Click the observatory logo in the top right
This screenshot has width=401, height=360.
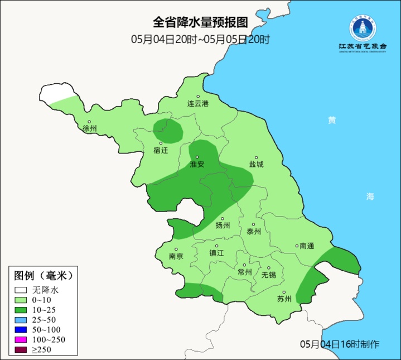coord(363,31)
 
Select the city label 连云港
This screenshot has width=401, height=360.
coord(197,104)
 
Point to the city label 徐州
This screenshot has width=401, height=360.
coord(89,128)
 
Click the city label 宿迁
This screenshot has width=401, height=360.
coord(161,150)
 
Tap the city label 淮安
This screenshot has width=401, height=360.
coord(197,165)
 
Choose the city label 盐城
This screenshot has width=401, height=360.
coord(257,165)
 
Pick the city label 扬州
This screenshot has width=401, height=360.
coord(223,225)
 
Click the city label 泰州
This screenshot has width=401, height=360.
coord(254,232)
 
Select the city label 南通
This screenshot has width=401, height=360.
coord(307,246)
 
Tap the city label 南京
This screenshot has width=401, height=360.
coord(176,257)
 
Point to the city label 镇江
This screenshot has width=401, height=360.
coord(216,252)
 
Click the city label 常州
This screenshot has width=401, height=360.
coord(244,272)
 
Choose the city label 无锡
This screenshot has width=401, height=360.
coord(269,275)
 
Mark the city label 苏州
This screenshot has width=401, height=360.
coord(284,299)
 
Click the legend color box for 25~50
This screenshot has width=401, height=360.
coord(21,320)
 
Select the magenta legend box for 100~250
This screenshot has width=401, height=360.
coord(21,340)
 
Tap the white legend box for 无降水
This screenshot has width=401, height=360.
coord(21,290)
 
